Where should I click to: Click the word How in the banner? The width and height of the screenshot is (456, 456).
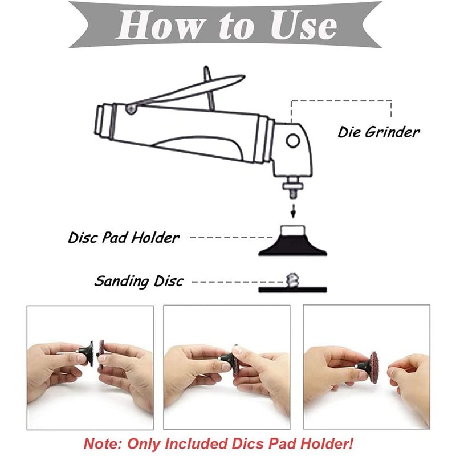tap(157, 26)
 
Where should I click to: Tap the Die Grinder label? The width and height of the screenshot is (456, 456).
tap(378, 132)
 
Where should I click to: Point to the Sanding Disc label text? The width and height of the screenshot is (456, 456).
tap(139, 281)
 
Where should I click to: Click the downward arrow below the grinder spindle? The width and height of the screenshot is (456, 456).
tap(293, 211)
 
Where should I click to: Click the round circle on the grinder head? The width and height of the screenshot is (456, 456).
tap(293, 140)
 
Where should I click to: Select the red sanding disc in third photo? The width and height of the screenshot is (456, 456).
tap(374, 367)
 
